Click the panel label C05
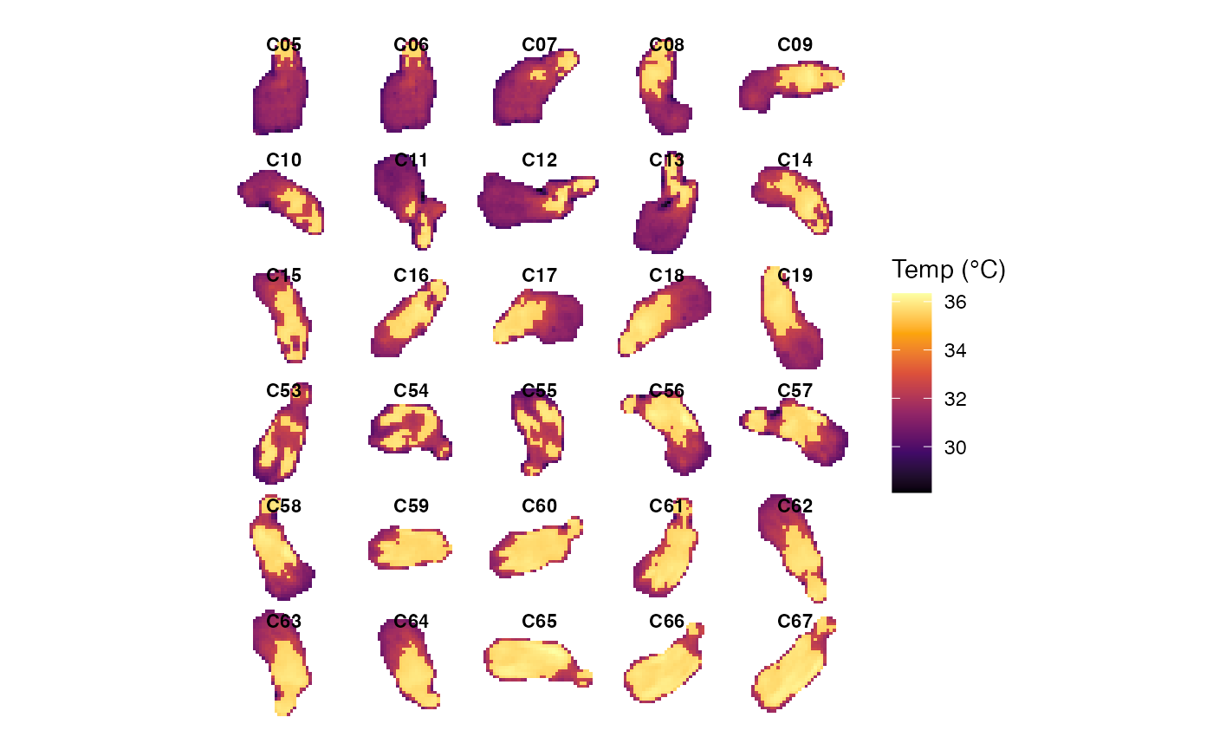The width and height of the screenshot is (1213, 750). (284, 45)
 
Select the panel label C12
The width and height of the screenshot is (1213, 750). (539, 160)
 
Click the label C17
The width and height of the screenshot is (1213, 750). (539, 276)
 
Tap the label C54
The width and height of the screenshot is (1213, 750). (411, 391)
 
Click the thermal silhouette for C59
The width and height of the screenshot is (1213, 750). (411, 548)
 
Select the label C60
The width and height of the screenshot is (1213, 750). (539, 506)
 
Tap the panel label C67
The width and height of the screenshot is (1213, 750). (795, 622)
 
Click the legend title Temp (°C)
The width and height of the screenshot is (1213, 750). (948, 271)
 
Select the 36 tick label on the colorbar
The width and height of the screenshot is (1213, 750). (956, 303)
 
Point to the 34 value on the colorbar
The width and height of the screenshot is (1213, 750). (956, 351)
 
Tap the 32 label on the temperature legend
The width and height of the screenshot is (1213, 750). (956, 400)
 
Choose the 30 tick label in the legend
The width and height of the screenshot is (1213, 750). (956, 447)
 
